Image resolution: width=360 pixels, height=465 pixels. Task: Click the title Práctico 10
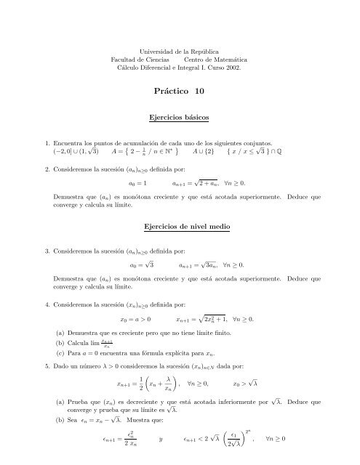coord(179,91)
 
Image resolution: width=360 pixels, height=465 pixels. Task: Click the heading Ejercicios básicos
coord(179,116)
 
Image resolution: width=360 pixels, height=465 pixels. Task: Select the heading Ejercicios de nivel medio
coord(179,227)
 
